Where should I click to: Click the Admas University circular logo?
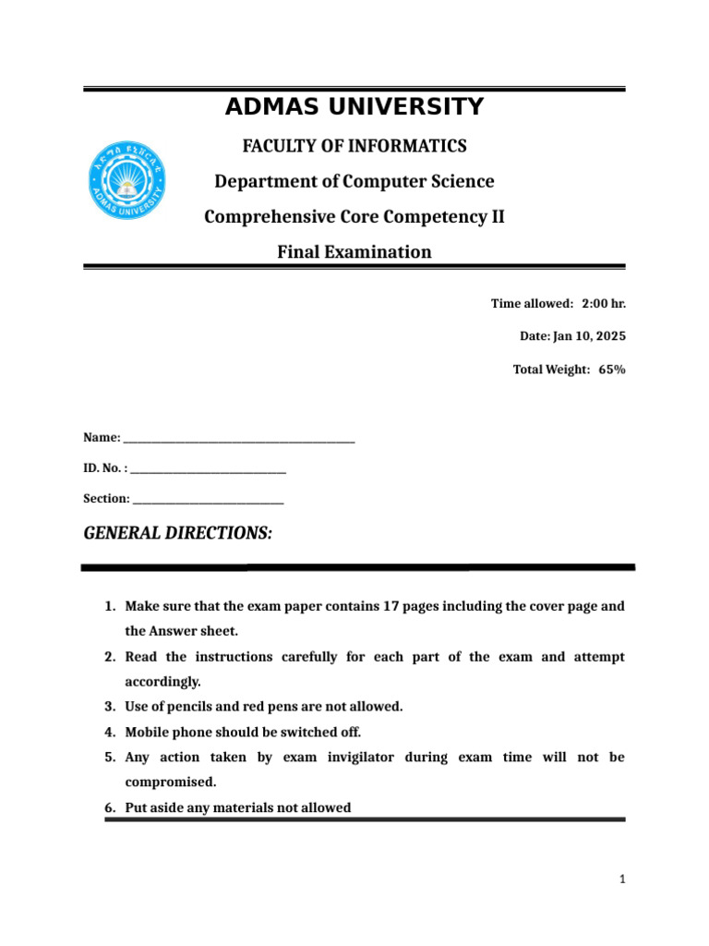128,181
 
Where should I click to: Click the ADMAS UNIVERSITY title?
354,107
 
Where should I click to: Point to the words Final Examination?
354,251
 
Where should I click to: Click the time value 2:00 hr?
604,304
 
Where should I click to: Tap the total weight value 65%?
611,370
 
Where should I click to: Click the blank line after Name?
239,438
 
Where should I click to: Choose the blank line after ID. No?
209,470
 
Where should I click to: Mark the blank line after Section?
209,500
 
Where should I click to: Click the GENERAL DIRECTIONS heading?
178,533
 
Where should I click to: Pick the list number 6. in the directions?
109,807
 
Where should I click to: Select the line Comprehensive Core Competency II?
354,216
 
